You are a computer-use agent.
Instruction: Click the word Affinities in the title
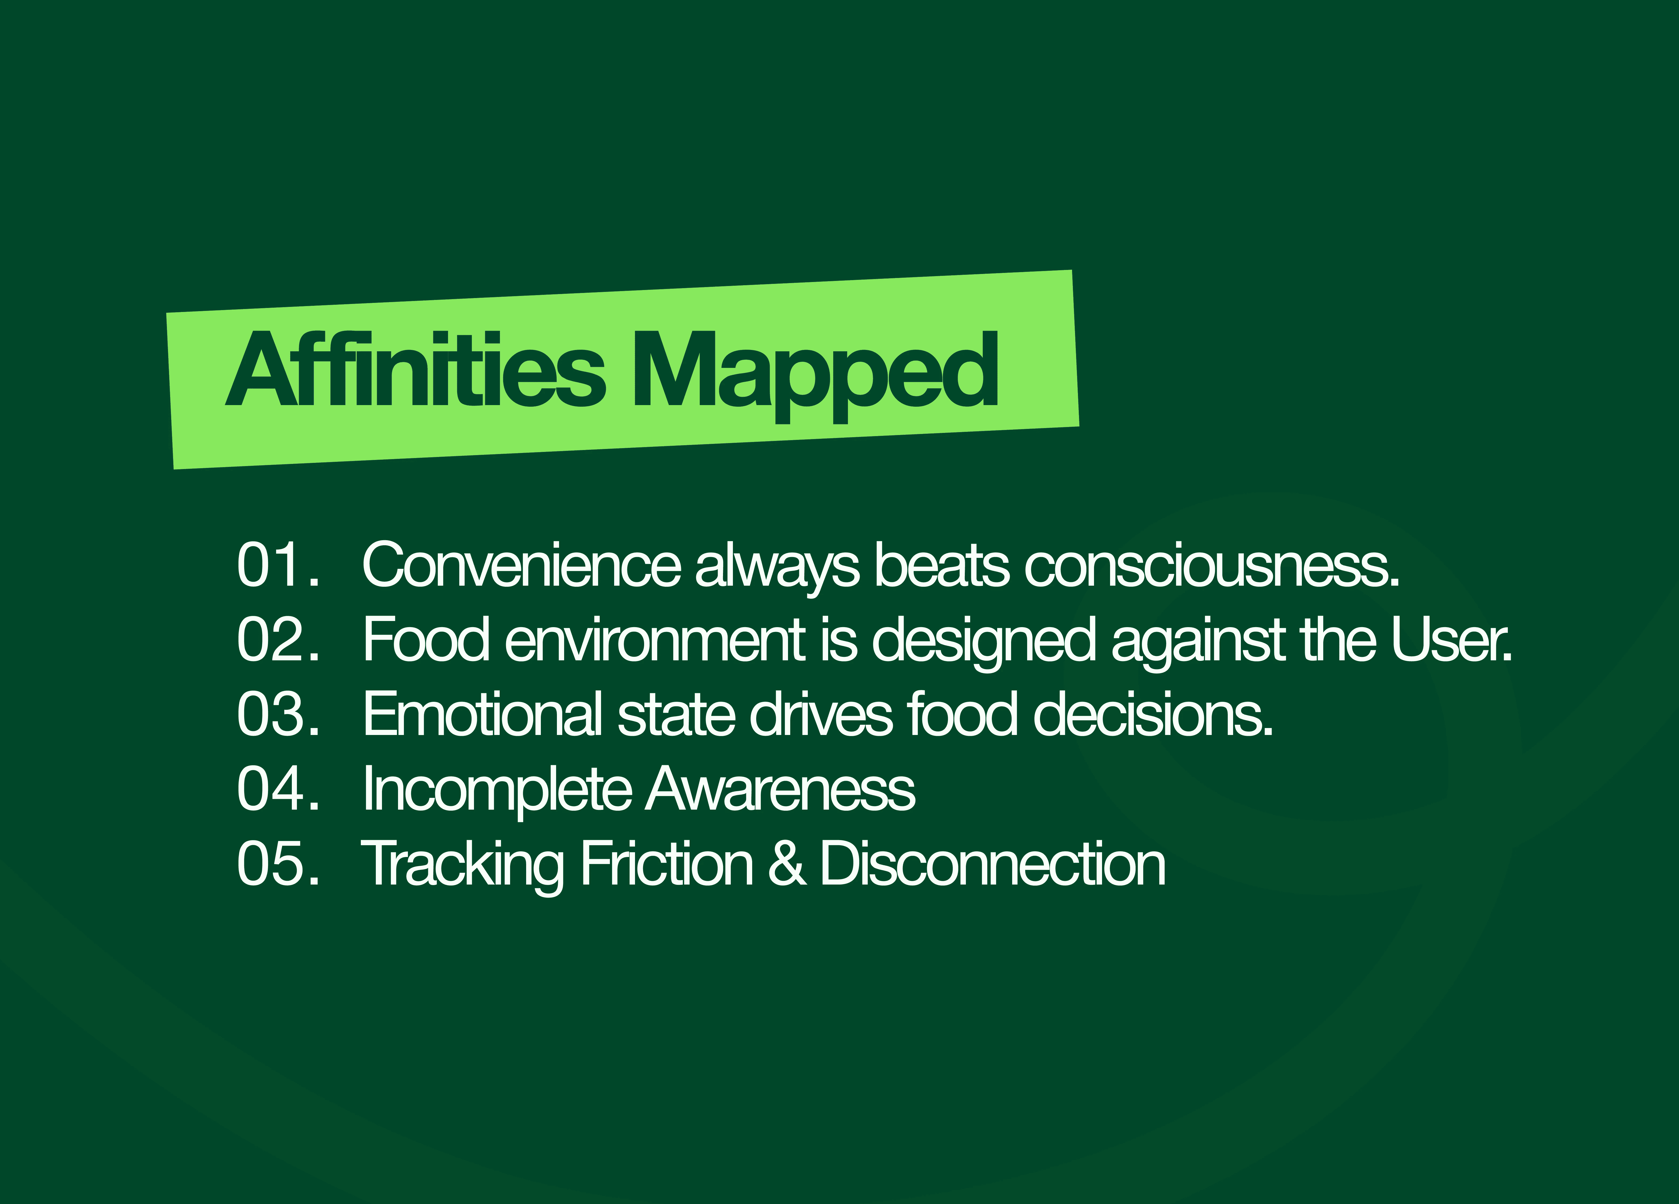415,368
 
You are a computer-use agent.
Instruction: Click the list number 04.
278,789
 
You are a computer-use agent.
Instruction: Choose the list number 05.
278,864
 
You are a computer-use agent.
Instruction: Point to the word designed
984,643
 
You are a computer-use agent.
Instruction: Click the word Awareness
780,789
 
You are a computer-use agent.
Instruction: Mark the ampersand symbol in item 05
787,864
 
